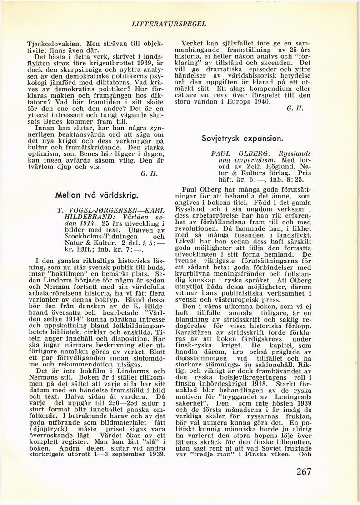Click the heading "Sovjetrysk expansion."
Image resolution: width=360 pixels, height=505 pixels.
[x=243, y=138]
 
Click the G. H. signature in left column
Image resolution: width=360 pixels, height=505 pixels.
[x=148, y=173]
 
